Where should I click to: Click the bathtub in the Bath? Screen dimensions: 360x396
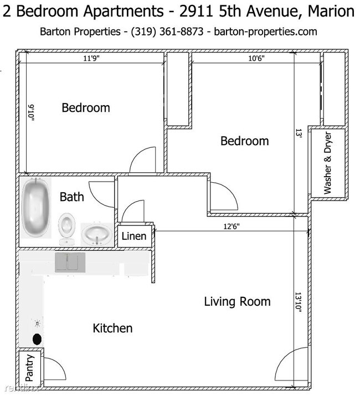pos(35,208)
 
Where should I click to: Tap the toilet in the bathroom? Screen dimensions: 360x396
pos(66,229)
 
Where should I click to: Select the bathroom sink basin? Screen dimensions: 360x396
pos(96,234)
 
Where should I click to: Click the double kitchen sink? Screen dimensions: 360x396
pos(70,263)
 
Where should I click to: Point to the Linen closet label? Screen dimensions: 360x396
pos(134,236)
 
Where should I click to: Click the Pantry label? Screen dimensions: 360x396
pos(29,368)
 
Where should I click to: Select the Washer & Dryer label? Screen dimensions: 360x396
pos(327,163)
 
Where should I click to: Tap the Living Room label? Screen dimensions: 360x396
pos(237,301)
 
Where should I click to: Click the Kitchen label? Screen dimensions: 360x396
pos(112,328)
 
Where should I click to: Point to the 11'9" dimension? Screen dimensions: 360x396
pos(91,58)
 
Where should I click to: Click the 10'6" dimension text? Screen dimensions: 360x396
pos(256,58)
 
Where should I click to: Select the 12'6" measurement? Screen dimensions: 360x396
pos(232,227)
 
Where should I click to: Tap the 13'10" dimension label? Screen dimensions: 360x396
pos(299,302)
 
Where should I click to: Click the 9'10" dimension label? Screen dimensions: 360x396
pos(32,114)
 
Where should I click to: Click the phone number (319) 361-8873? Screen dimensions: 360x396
pos(167,32)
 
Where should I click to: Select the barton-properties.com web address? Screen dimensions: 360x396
pos(265,32)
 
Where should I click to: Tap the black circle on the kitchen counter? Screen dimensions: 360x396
pos(37,339)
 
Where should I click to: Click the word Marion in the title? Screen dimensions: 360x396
pos(331,11)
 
